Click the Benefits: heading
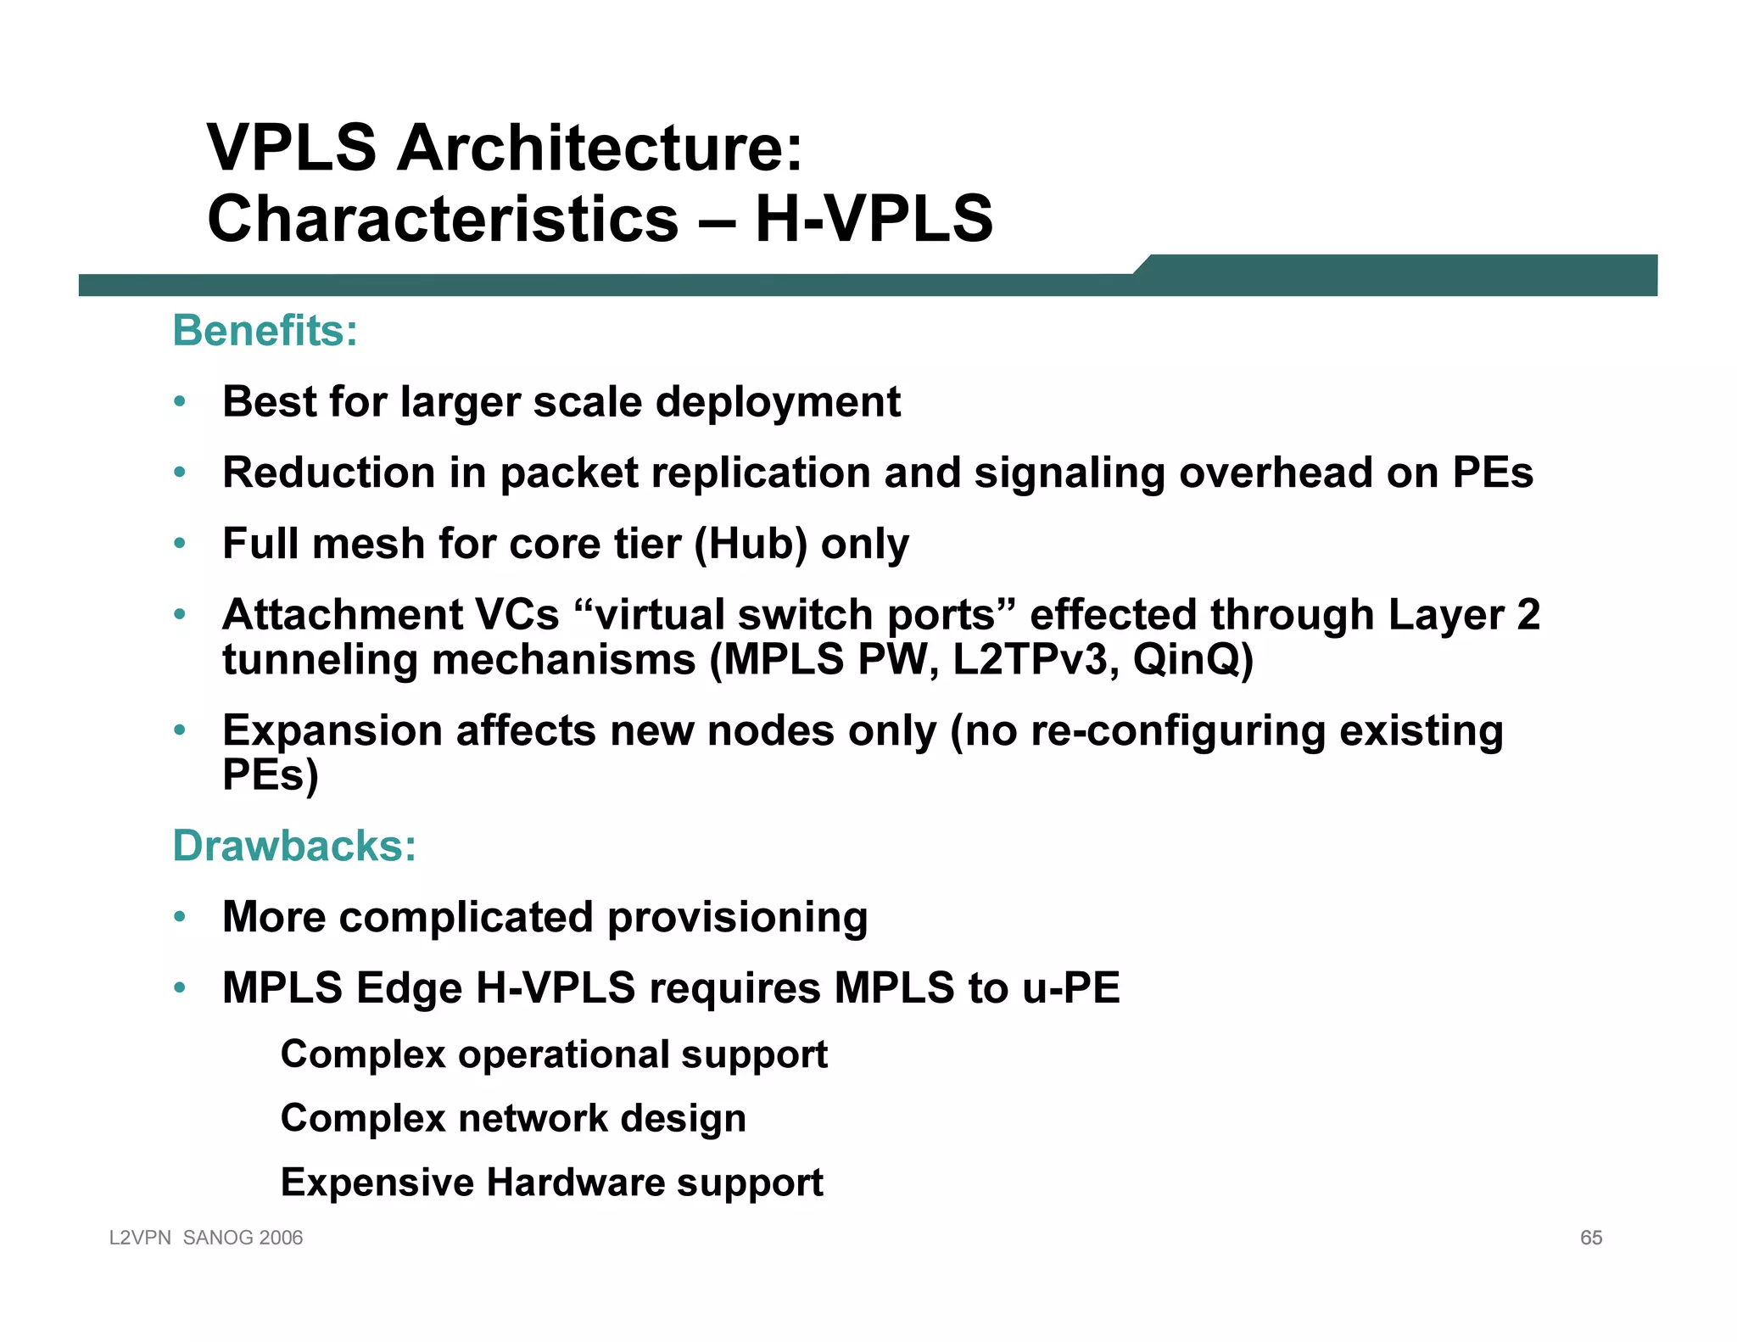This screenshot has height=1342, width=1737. pyautogui.click(x=265, y=331)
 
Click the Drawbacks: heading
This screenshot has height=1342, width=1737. pyautogui.click(x=294, y=846)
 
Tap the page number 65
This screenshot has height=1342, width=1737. pyautogui.click(x=1590, y=1238)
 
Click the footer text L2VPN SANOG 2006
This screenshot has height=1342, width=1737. pyautogui.click(x=206, y=1238)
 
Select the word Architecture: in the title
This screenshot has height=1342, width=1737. pyautogui.click(x=599, y=148)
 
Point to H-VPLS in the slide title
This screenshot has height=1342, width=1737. pyautogui.click(x=874, y=219)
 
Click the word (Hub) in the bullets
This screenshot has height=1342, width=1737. pyautogui.click(x=751, y=544)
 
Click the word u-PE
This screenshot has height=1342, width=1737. pyautogui.click(x=1071, y=988)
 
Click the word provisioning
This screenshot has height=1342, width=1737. pyautogui.click(x=737, y=918)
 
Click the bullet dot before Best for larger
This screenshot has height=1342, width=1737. pyautogui.click(x=179, y=402)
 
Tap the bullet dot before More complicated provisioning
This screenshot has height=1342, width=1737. pyautogui.click(x=179, y=917)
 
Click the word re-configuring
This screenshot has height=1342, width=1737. pyautogui.click(x=1177, y=731)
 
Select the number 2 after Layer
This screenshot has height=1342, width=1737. pyautogui.click(x=1528, y=615)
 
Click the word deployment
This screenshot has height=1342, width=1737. pyautogui.click(x=778, y=402)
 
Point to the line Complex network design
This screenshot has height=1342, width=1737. pyautogui.click(x=513, y=1119)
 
